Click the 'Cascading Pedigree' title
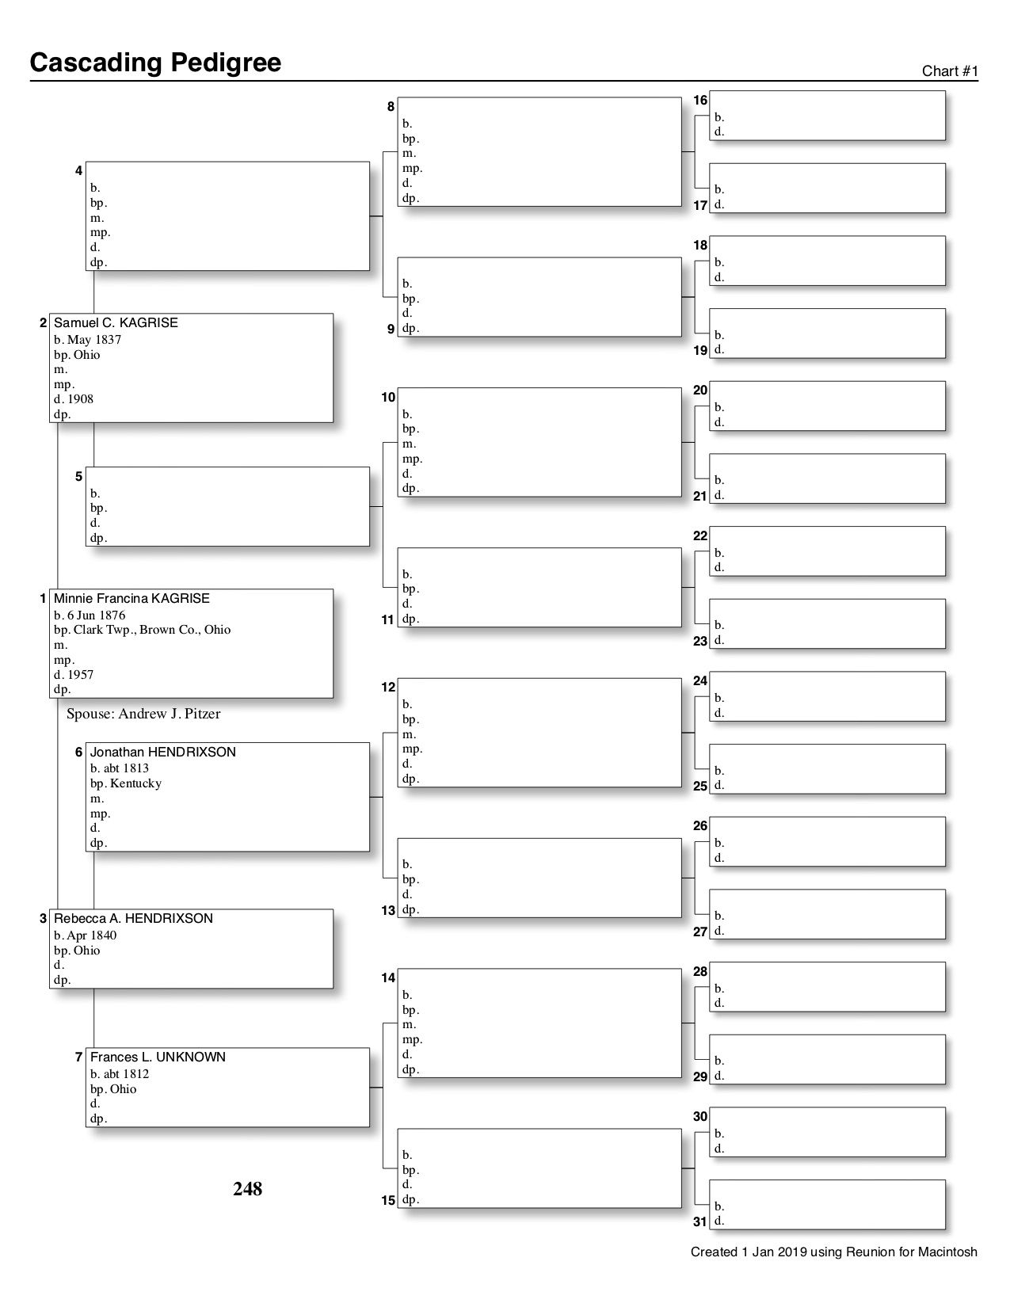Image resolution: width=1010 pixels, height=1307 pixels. pos(155,63)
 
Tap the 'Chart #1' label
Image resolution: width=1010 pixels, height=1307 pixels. pos(950,71)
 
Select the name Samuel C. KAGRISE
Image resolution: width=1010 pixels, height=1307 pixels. pos(116,323)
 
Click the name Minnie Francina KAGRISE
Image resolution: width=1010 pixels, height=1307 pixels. pos(131,599)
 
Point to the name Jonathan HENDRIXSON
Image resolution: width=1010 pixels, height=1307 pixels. pos(162,753)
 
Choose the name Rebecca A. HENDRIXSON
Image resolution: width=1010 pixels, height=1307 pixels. pos(133,919)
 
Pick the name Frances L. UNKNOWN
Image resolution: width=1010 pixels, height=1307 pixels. pos(158,1057)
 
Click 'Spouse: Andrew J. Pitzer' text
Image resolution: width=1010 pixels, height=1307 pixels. pos(143,714)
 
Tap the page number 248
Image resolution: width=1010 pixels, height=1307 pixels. pos(247,1189)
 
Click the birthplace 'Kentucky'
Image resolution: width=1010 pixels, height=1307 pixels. pos(135,783)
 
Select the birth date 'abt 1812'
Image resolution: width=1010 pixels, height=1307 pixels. pos(127,1074)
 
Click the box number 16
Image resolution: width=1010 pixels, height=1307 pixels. pos(700,101)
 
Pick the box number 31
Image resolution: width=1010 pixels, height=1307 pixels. pos(700,1221)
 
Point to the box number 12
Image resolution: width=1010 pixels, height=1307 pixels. pos(388,688)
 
